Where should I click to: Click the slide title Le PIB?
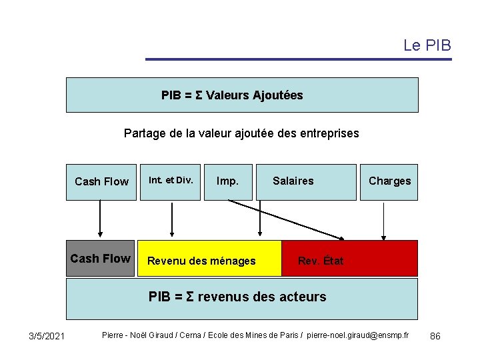tap(427, 45)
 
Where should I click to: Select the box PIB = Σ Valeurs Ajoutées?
tap(241, 95)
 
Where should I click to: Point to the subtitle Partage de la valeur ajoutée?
tap(241, 133)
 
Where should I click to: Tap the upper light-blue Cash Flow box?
tap(101, 181)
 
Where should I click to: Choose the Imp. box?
tap(228, 181)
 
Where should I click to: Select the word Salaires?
tap(293, 181)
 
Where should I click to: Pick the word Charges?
tap(390, 181)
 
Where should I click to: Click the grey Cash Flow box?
tap(100, 259)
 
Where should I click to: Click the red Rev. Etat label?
tap(321, 261)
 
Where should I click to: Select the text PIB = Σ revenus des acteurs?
tap(237, 297)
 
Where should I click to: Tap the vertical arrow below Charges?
tap(383, 220)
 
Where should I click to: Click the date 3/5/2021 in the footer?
tap(47, 335)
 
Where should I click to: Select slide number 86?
tap(435, 335)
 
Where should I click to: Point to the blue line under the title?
tap(299, 59)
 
